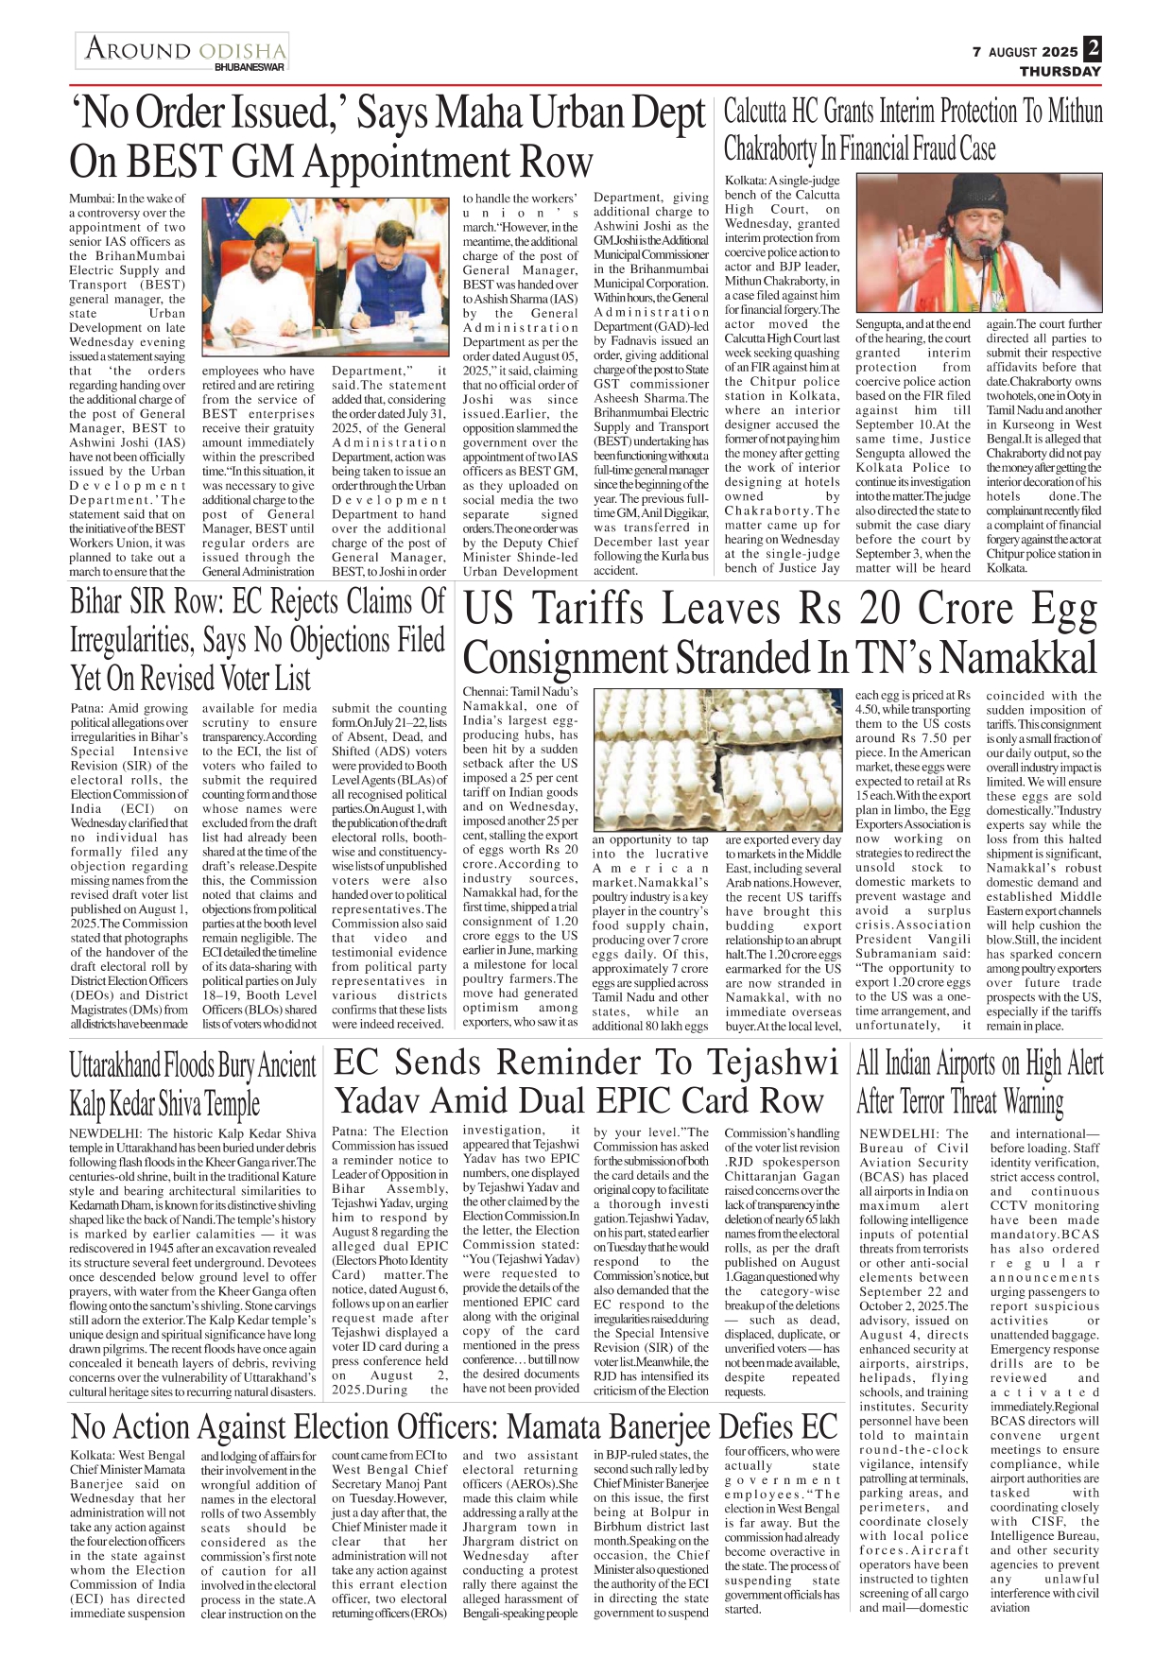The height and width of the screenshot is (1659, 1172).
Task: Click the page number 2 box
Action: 1093,49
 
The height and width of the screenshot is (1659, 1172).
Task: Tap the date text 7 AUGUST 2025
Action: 1025,53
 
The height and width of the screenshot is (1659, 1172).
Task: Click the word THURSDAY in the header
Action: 1060,72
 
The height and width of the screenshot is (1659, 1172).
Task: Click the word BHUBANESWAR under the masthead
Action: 250,68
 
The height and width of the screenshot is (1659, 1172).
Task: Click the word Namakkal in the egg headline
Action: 1021,658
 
